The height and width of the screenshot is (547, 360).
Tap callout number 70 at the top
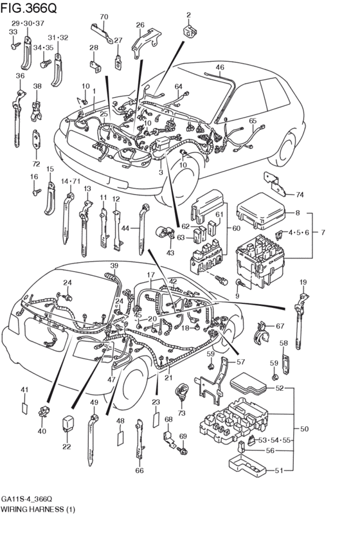[104, 17]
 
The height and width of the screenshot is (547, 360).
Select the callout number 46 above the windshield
[220, 67]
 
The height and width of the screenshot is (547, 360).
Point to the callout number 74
[299, 194]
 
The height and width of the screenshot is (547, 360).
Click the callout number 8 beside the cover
[298, 213]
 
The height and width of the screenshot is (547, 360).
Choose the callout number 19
[303, 282]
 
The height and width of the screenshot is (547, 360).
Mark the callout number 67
[280, 327]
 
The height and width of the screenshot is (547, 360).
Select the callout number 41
[24, 390]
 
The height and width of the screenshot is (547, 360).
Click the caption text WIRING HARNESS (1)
[37, 508]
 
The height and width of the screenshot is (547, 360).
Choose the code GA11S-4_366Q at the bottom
[31, 499]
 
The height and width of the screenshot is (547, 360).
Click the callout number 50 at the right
[304, 428]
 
